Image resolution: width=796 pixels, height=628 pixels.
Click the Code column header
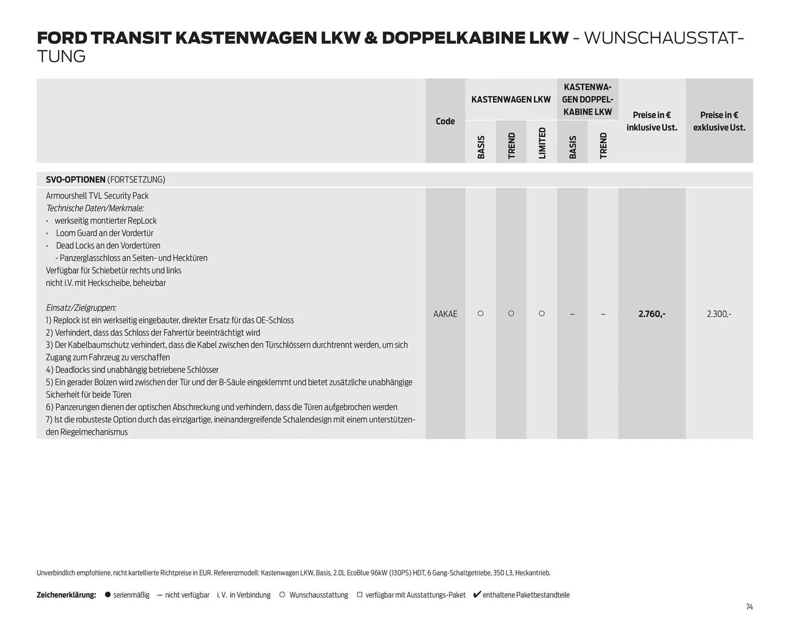coord(445,121)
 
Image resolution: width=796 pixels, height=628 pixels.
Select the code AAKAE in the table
coord(445,314)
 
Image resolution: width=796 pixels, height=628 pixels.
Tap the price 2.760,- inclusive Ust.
coord(652,314)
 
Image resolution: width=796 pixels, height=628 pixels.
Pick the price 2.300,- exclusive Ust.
coord(719,314)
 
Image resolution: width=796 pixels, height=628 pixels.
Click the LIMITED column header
coord(542,143)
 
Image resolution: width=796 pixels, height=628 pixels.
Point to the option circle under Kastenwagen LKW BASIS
coord(481,314)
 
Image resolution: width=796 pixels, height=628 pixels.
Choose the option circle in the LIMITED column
coord(541,314)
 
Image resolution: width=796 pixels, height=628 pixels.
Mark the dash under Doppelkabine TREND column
coord(603,314)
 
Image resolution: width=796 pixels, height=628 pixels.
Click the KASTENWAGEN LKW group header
coord(511,100)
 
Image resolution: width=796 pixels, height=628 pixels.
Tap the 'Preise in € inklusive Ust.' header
coord(652,121)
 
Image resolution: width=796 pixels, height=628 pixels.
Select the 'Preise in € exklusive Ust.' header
coord(719,121)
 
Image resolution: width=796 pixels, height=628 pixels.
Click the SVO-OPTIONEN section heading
coord(75,180)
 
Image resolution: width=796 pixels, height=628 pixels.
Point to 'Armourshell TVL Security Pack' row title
coord(97,196)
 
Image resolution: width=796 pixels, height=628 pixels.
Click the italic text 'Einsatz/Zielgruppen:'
coord(81,308)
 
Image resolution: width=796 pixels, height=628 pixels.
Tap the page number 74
coord(749,607)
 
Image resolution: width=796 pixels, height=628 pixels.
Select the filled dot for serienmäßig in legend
coord(108,595)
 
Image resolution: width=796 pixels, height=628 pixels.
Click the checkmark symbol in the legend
coord(477,595)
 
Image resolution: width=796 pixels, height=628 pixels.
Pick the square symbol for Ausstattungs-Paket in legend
coord(359,595)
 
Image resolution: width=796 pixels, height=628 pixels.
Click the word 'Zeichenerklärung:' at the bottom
coord(66,595)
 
